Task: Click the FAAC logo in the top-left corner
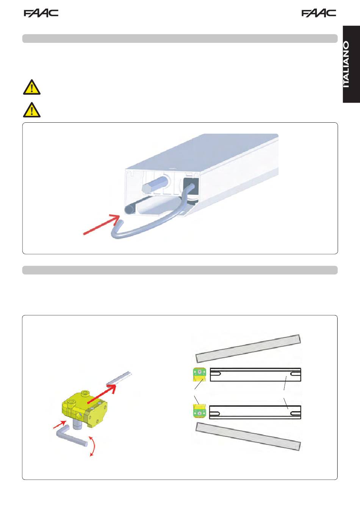pyautogui.click(x=41, y=13)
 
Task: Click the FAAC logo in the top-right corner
pyautogui.click(x=319, y=13)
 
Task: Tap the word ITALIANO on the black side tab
pyautogui.click(x=346, y=64)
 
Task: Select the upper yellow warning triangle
pyautogui.click(x=32, y=87)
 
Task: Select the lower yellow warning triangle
pyautogui.click(x=32, y=110)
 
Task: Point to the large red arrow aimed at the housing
pyautogui.click(x=102, y=224)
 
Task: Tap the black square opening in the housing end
pyautogui.click(x=191, y=186)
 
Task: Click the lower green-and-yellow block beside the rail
pyautogui.click(x=199, y=411)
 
